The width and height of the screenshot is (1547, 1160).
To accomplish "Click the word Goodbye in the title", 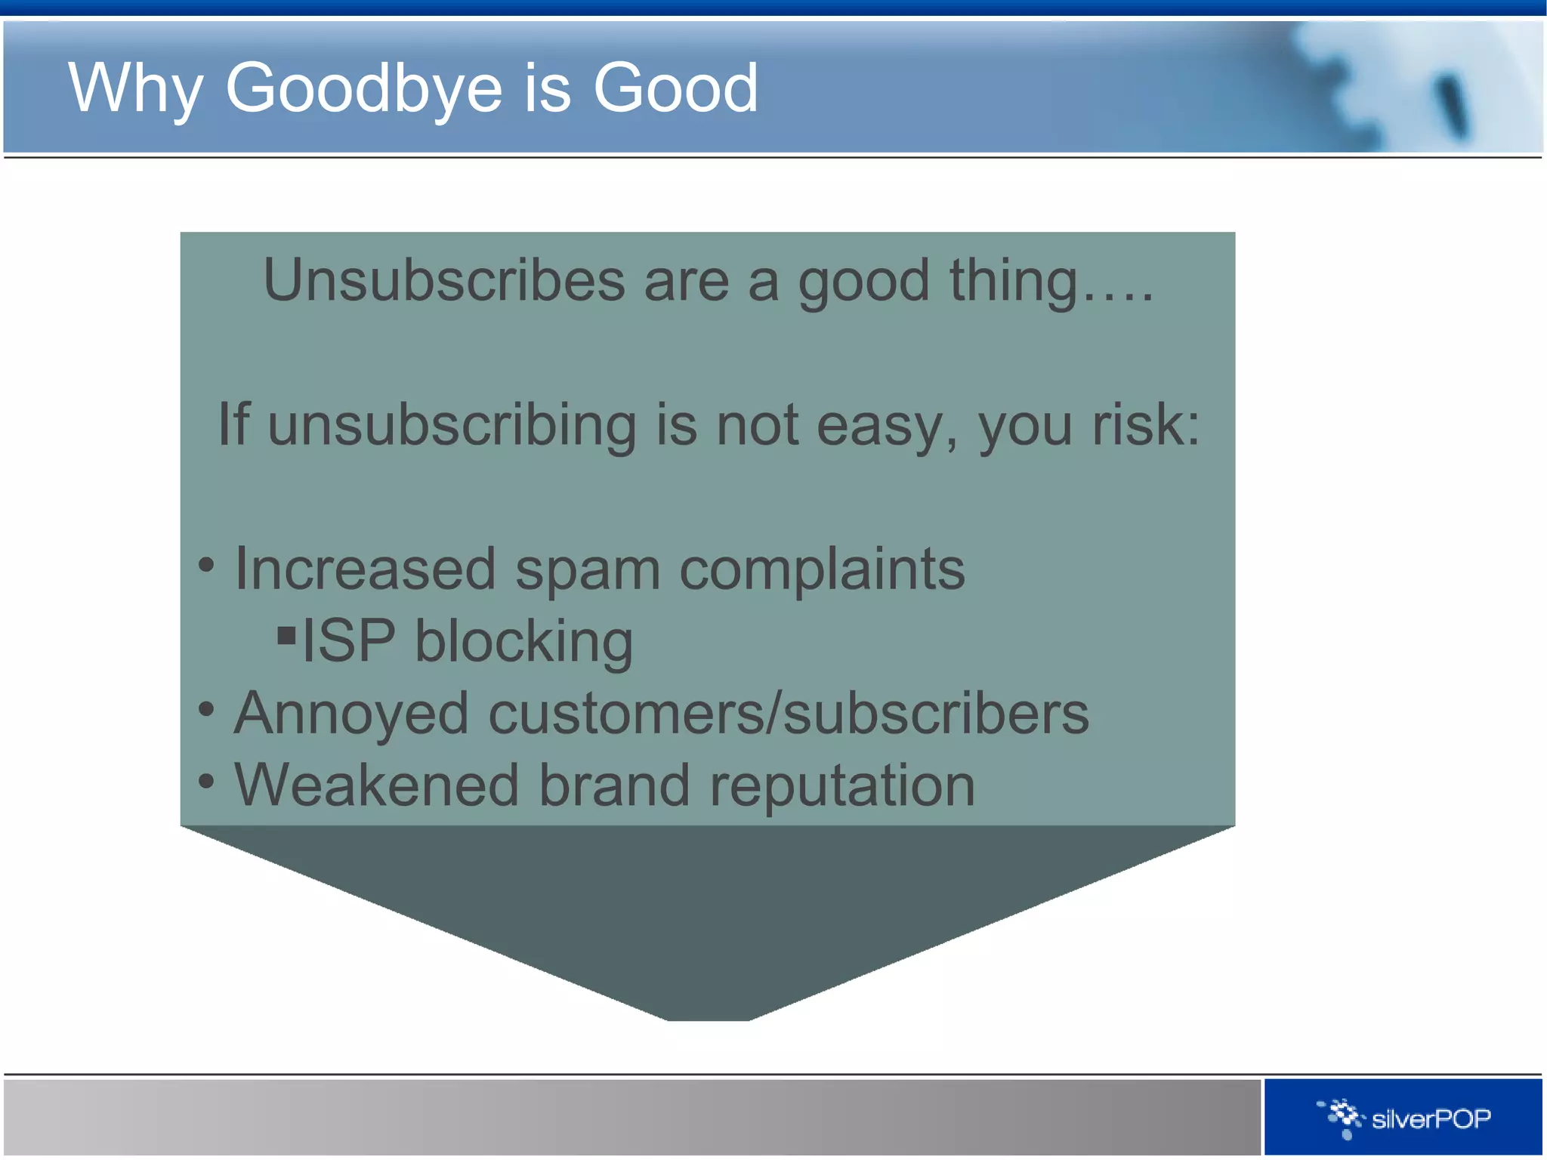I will coord(364,89).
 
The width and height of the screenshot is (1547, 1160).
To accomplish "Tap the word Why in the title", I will coord(135,89).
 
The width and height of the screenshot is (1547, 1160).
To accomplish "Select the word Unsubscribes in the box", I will coord(444,281).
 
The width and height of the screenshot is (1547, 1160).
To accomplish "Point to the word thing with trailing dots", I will coord(1051,281).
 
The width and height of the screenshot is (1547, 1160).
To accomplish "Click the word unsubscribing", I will coord(452,425).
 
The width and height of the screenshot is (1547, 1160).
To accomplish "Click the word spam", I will coord(588,569).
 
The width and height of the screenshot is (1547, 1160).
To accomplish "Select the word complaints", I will coord(822,569).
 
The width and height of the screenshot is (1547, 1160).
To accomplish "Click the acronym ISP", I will coord(348,641).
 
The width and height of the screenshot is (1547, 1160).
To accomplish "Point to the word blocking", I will coord(523,641).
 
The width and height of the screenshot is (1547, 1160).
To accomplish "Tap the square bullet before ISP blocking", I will coord(286,635).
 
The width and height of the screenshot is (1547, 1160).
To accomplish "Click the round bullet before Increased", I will coord(206,565).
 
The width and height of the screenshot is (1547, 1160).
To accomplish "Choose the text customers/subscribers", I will coord(789,714).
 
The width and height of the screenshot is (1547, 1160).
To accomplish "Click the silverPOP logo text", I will coord(1431,1118).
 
